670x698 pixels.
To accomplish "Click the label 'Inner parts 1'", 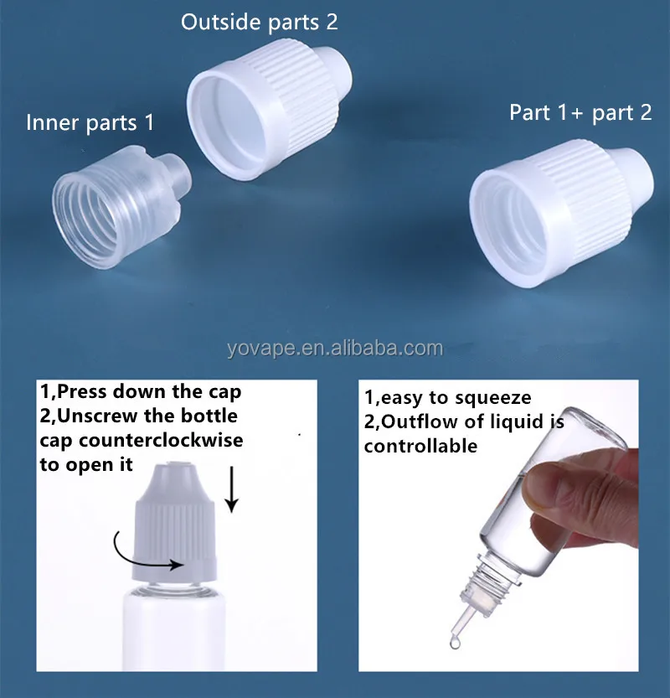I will (x=90, y=123).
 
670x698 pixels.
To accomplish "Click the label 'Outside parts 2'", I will (x=260, y=22).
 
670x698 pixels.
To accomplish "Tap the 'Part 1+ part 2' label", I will (x=580, y=113).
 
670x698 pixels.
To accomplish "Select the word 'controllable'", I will (x=420, y=446).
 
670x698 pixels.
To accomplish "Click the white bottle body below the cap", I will (x=179, y=628).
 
